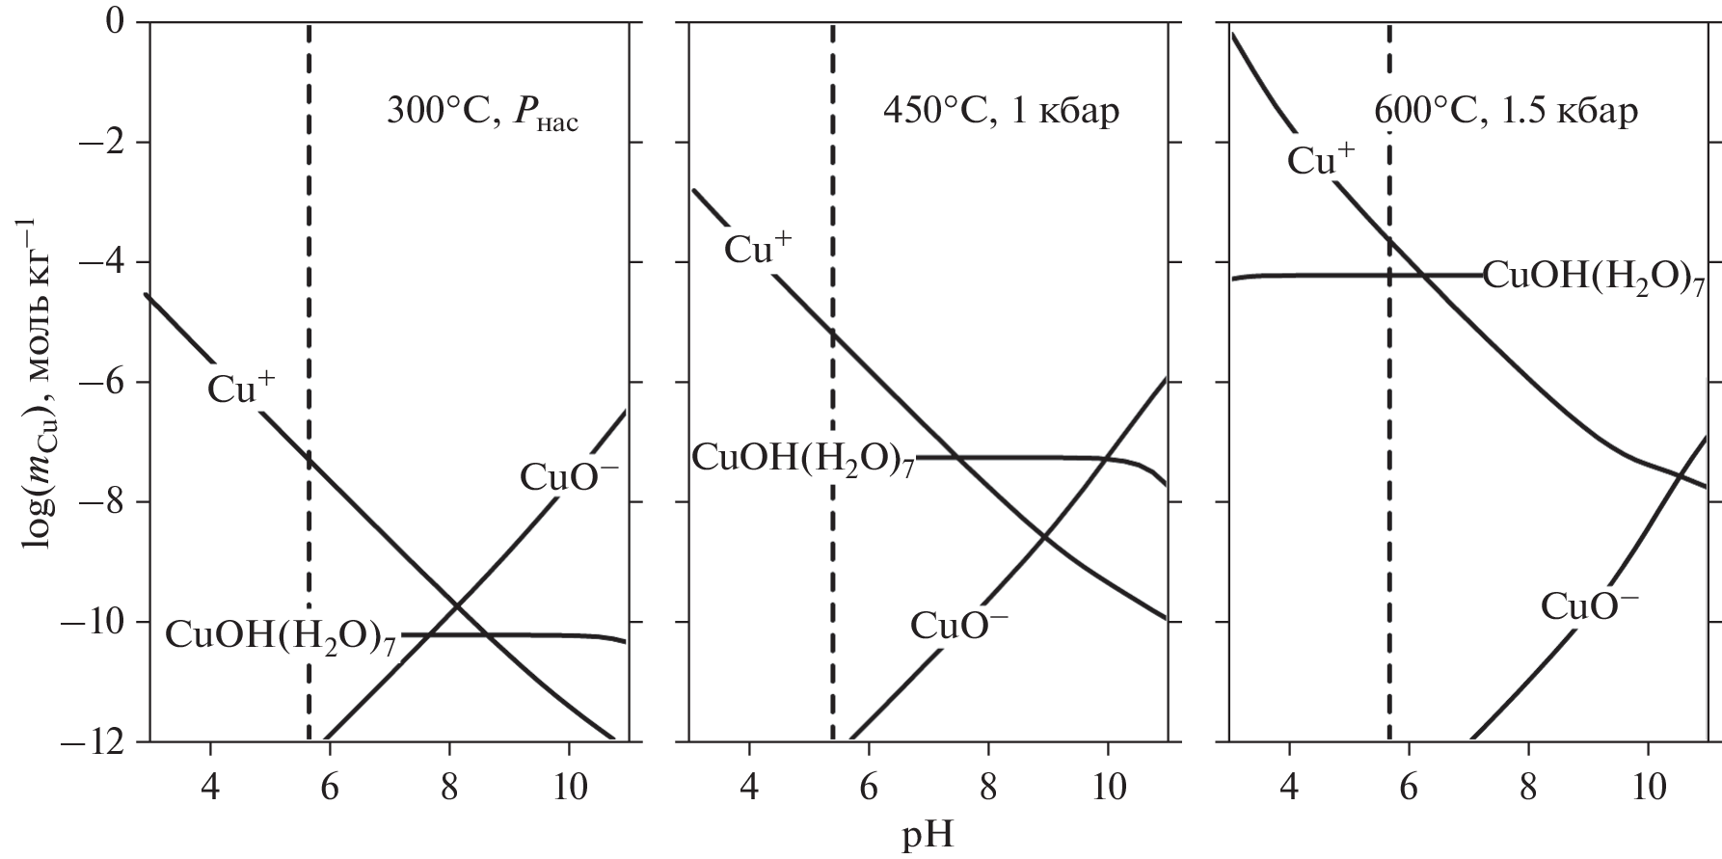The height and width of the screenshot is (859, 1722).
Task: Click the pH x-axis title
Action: point(928,834)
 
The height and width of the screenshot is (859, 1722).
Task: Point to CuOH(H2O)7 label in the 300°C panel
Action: point(281,636)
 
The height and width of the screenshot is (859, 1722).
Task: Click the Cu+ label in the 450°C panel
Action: point(758,250)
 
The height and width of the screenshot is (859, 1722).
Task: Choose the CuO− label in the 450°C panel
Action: point(958,625)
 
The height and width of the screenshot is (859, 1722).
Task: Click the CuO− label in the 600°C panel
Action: point(1589,605)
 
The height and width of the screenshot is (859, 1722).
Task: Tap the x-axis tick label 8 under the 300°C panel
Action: point(448,788)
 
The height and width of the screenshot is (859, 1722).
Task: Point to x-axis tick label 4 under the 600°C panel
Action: point(1289,788)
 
